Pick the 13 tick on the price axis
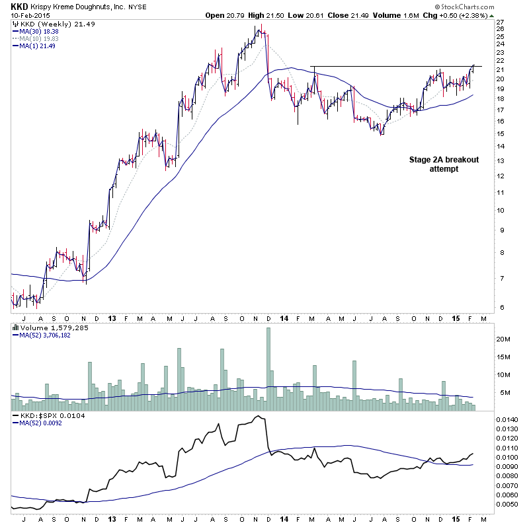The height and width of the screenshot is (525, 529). [500, 160]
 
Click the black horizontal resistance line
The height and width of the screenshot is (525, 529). [397, 66]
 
